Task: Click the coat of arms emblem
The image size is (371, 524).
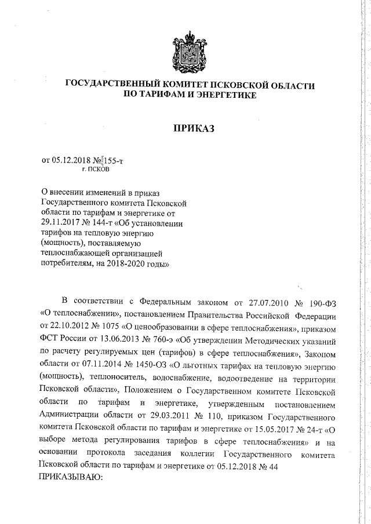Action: pyautogui.click(x=186, y=53)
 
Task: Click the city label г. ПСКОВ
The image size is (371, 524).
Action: pyautogui.click(x=94, y=170)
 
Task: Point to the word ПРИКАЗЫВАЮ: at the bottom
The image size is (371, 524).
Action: pyautogui.click(x=70, y=478)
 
